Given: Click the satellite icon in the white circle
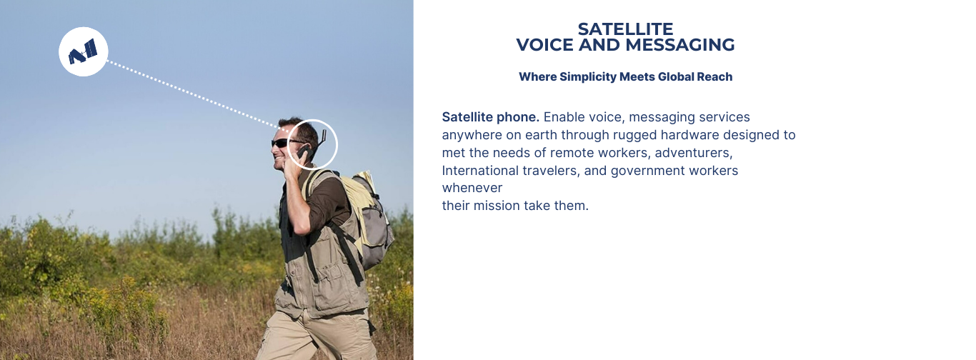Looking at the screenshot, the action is [x=83, y=52].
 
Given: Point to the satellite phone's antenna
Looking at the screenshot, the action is [x=323, y=138].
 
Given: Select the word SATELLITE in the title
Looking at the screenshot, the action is [x=625, y=29].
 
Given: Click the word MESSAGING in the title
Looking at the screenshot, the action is [x=679, y=45].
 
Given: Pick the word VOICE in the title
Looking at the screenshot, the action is [x=544, y=45].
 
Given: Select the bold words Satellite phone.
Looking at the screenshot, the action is [x=491, y=117].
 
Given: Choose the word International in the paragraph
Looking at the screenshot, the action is [x=474, y=171].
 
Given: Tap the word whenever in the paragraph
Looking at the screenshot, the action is [x=472, y=188].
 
